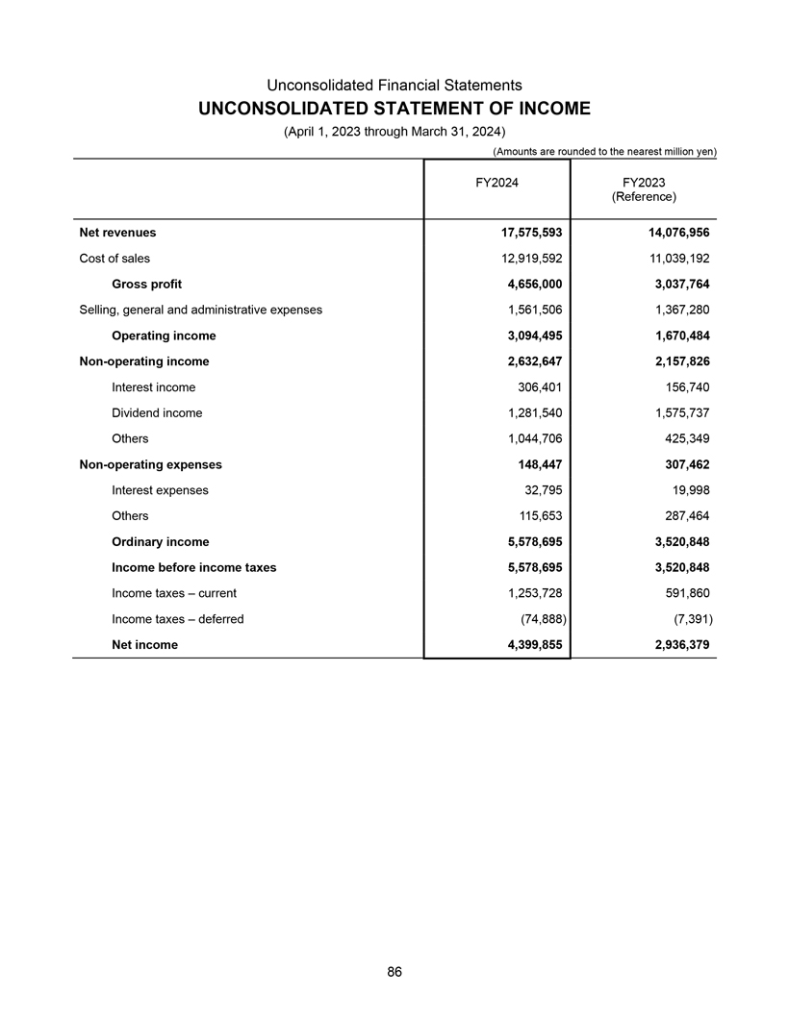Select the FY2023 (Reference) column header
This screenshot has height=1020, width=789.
tap(644, 188)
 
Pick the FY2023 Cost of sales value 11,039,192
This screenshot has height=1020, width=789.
tap(674, 259)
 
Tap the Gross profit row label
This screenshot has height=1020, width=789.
tap(146, 285)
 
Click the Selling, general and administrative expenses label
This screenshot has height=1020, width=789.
tap(199, 310)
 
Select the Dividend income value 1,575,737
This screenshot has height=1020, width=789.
tap(674, 412)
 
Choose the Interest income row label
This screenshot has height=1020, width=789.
tap(153, 387)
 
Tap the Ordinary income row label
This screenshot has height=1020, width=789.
tap(160, 541)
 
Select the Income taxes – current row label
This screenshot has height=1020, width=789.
tap(174, 593)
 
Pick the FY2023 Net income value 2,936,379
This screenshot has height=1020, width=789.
tap(674, 644)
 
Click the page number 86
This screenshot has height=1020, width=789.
tap(394, 972)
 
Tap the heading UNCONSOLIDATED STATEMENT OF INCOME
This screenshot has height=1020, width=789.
tap(394, 109)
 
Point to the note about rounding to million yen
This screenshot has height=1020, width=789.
tap(605, 151)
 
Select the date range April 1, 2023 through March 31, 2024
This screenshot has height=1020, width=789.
tap(394, 131)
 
